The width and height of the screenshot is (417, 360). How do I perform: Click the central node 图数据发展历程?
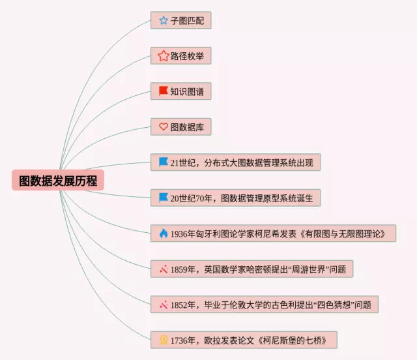tap(58, 180)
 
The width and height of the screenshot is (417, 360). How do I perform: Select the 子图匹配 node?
tap(180, 20)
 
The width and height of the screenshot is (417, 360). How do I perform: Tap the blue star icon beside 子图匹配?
tap(163, 20)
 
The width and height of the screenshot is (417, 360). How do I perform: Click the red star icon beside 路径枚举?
tap(163, 56)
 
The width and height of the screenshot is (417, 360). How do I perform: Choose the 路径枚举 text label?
tap(187, 56)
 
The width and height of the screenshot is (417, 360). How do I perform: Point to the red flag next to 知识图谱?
tap(163, 91)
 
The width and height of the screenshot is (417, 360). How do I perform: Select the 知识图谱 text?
tap(187, 91)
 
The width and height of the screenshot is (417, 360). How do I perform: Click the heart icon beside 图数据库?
tap(163, 127)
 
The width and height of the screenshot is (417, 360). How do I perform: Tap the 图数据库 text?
tap(187, 127)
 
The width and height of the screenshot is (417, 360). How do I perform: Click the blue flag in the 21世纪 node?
tap(163, 162)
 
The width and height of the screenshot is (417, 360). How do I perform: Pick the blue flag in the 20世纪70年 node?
tap(163, 197)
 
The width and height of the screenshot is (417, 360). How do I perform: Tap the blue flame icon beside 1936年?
tap(163, 233)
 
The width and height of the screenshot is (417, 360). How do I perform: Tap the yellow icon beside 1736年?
tap(163, 339)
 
